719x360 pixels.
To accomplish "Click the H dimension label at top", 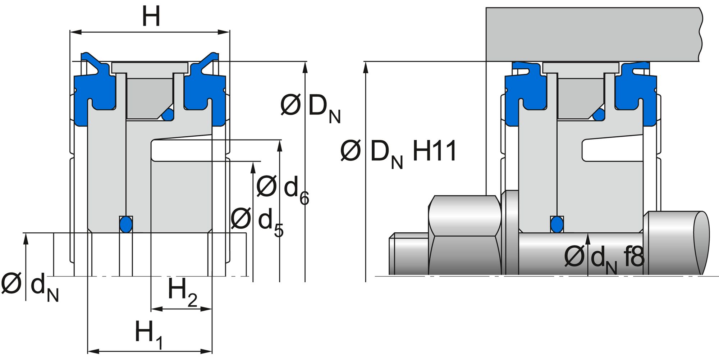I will tap(151, 17).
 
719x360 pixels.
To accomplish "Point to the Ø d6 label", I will tap(283, 189).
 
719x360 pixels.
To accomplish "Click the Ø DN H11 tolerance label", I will tap(398, 152).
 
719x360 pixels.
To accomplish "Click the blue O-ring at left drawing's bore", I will tap(125, 224).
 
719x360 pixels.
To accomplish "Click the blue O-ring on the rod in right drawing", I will tap(557, 224).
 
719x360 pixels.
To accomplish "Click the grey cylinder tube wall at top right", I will tap(593, 34).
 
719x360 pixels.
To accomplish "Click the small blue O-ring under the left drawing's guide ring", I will tap(168, 115).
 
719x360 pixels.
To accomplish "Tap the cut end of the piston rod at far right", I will tap(701, 243).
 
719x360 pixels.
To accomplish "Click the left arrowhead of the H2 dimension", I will tap(154, 309).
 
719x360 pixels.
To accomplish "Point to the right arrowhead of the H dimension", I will tap(226, 32).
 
